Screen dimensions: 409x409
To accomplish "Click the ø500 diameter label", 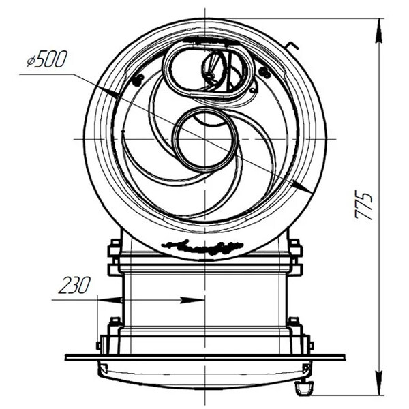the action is pyautogui.click(x=47, y=59).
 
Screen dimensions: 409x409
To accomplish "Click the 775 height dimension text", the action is pyautogui.click(x=363, y=206).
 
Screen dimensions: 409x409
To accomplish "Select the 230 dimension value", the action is pyautogui.click(x=74, y=285).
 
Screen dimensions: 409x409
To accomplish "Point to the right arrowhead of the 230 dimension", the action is pyautogui.click(x=192, y=300).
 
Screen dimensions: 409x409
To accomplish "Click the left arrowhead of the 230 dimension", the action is pyautogui.click(x=109, y=300).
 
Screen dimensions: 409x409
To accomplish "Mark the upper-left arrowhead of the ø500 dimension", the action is pyautogui.click(x=107, y=91).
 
